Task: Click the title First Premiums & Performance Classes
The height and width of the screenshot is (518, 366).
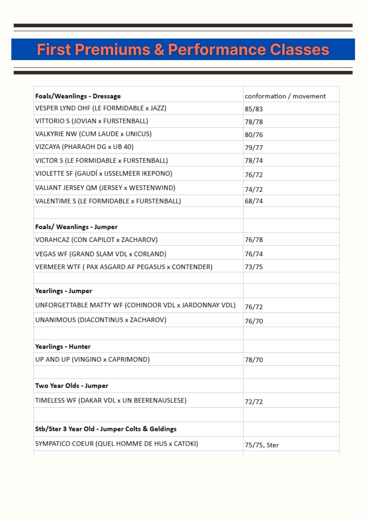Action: point(183,49)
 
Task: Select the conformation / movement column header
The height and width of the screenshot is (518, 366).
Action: point(285,96)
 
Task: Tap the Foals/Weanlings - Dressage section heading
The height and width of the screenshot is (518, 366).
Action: point(78,96)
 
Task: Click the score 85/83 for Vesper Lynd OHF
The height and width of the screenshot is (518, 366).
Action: point(254,109)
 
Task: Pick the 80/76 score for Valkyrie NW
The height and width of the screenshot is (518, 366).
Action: point(254,135)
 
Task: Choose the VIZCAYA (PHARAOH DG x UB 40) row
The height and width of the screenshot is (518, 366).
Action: point(84,147)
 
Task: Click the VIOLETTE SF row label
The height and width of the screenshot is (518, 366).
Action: point(104,173)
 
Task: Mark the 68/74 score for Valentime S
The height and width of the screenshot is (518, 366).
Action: point(254,201)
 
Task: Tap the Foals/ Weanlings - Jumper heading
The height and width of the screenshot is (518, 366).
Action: point(76,227)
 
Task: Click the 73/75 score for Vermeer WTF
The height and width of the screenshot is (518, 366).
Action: point(254,267)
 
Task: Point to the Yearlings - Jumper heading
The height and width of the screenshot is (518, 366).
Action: point(64,291)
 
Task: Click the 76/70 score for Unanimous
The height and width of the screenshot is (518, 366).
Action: point(254,321)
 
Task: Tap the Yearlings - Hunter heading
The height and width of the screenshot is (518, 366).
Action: point(63,347)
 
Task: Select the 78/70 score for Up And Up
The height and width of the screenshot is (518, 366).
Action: point(254,360)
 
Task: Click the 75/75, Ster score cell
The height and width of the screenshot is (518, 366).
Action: point(262,445)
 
